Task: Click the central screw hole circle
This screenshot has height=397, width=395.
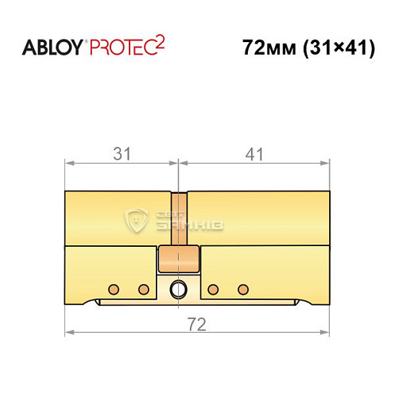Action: click(179, 287)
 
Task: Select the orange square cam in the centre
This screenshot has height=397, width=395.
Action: click(179, 260)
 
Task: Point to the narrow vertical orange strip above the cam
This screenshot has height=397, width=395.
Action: click(179, 218)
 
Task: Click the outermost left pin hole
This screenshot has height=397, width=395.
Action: click(114, 287)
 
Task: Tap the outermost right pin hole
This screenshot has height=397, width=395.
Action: click(243, 287)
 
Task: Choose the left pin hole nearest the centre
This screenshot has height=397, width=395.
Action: click(144, 287)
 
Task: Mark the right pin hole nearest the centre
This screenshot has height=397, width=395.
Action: click(213, 287)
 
